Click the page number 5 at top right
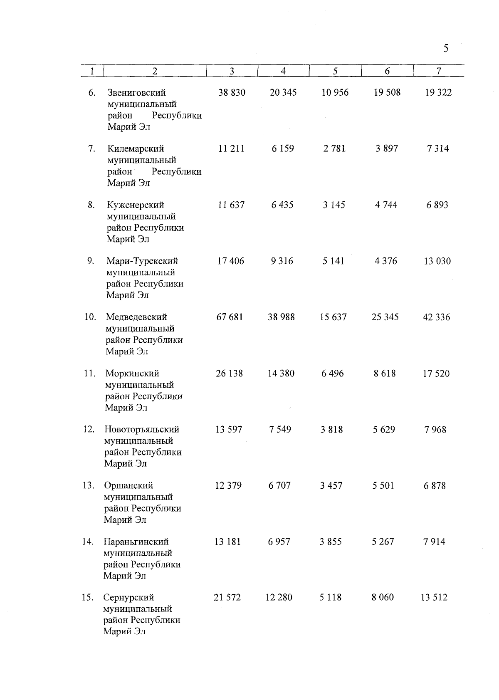(446, 49)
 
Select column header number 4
(283, 71)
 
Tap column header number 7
(439, 71)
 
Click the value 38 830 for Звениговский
(232, 92)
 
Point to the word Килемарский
(136, 149)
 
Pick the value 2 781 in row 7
(334, 148)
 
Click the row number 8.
(91, 205)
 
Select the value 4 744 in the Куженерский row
(386, 205)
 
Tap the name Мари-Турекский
(142, 261)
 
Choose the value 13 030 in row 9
(437, 261)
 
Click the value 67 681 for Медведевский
(230, 317)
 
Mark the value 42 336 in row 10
(436, 317)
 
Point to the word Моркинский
(132, 373)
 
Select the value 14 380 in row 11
(281, 373)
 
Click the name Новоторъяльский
(142, 429)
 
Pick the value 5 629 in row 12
(384, 429)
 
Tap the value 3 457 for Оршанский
(331, 485)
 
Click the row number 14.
(88, 542)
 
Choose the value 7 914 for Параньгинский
(434, 542)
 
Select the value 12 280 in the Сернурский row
(279, 597)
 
